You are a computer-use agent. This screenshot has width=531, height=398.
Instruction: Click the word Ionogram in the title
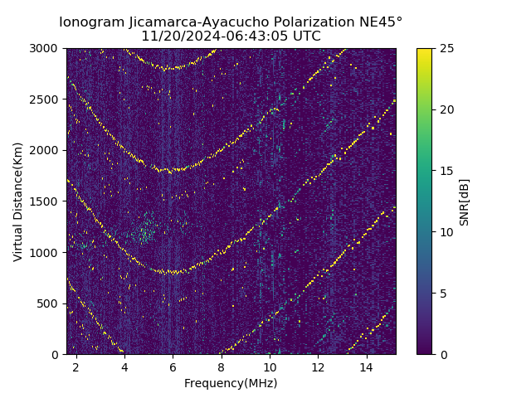tap(91, 22)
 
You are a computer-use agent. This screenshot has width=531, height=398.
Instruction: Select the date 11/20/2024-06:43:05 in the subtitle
tap(208, 36)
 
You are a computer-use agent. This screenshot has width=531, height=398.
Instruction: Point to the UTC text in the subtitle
tap(304, 36)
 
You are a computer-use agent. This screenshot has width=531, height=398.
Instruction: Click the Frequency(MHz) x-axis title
tap(231, 383)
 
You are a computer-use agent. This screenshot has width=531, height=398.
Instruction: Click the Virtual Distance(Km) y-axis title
tap(18, 201)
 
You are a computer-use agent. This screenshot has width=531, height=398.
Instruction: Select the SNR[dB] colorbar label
tap(465, 201)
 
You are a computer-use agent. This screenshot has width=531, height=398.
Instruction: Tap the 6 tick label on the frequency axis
tap(173, 366)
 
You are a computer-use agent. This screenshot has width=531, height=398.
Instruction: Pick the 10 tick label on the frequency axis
tap(270, 366)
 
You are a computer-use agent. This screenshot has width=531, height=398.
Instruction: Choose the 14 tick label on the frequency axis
tap(367, 366)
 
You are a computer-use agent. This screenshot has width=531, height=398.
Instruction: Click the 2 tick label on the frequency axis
tap(76, 366)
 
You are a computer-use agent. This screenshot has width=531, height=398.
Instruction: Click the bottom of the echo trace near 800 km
tap(173, 272)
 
